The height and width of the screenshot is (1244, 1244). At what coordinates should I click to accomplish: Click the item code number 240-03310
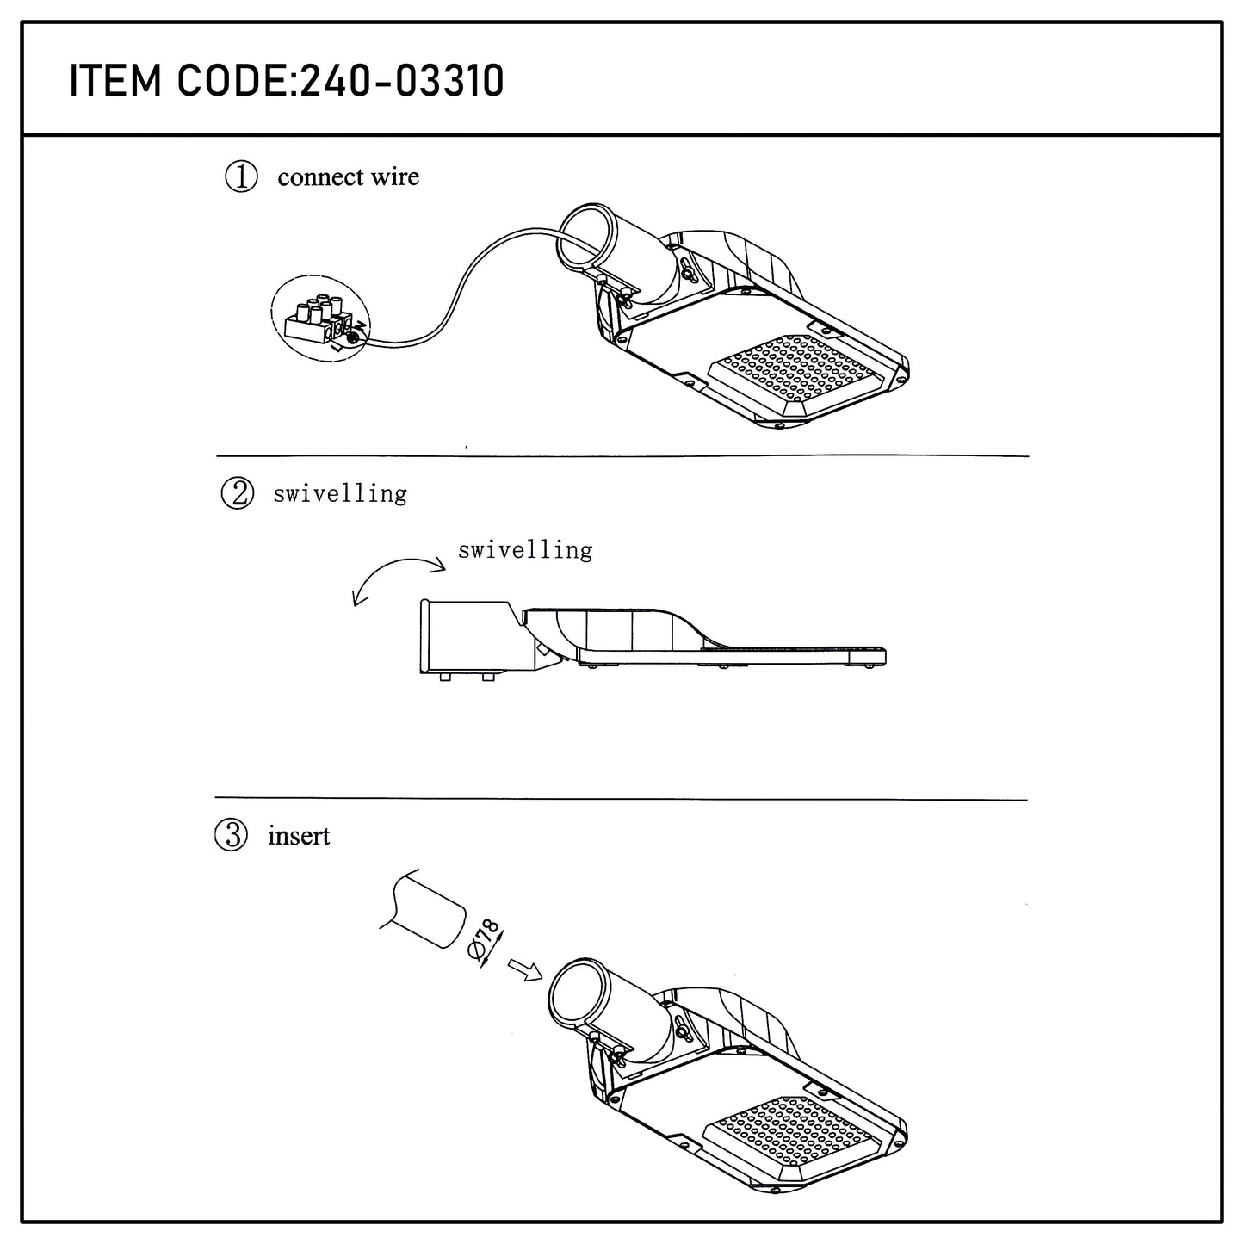[402, 81]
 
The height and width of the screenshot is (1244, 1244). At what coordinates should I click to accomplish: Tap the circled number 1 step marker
[241, 176]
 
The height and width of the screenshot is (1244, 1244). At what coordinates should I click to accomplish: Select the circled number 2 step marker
[238, 494]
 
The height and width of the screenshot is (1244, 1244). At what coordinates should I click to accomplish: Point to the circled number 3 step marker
[231, 835]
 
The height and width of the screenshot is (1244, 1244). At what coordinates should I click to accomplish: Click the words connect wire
[349, 176]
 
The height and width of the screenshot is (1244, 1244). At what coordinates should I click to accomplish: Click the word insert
[299, 836]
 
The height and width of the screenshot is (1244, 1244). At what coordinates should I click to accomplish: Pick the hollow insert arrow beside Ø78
[525, 970]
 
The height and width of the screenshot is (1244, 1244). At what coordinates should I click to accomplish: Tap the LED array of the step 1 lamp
[798, 374]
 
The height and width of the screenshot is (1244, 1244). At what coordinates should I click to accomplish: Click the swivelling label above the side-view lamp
[525, 550]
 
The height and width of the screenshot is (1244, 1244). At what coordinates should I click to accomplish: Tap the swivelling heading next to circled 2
[340, 494]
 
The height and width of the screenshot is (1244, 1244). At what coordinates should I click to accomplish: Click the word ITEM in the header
[114, 81]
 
